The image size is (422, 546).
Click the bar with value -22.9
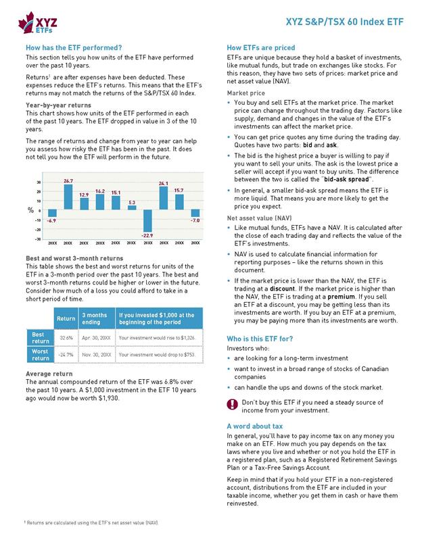[147, 219]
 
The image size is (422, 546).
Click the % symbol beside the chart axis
[30, 209]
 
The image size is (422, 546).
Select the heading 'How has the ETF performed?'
[73, 48]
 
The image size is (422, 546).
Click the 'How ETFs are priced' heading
[260, 48]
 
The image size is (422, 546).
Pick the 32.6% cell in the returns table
[66, 336]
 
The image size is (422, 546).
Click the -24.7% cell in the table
[66, 353]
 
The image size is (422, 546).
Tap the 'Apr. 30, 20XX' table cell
[95, 336]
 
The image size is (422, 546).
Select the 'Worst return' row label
[39, 353]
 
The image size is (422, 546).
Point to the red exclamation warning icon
[232, 405]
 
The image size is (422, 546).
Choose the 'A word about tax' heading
[254, 426]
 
